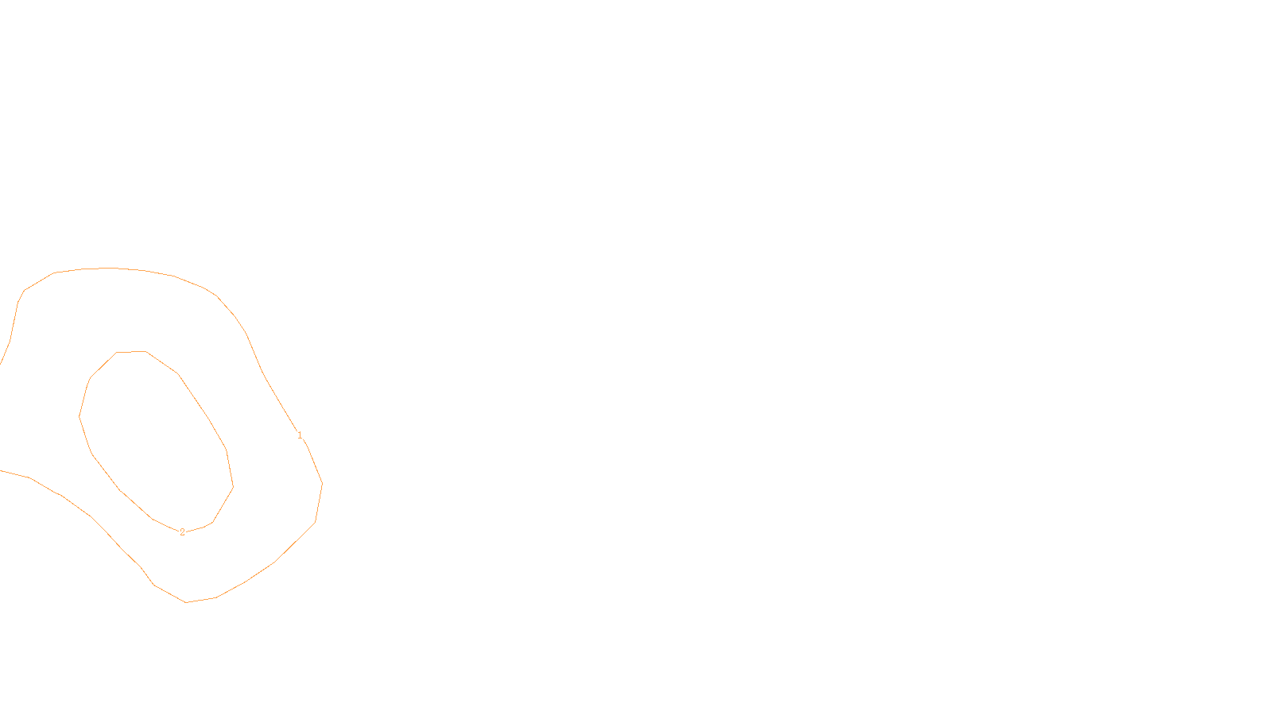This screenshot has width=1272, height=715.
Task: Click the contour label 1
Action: pyautogui.click(x=300, y=435)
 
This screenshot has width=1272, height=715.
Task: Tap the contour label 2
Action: pyautogui.click(x=182, y=532)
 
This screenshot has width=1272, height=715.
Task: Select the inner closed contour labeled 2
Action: pyautogui.click(x=79, y=415)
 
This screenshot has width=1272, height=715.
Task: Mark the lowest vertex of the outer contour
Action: pyautogui.click(x=186, y=602)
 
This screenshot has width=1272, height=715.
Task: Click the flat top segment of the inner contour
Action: pyautogui.click(x=131, y=352)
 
